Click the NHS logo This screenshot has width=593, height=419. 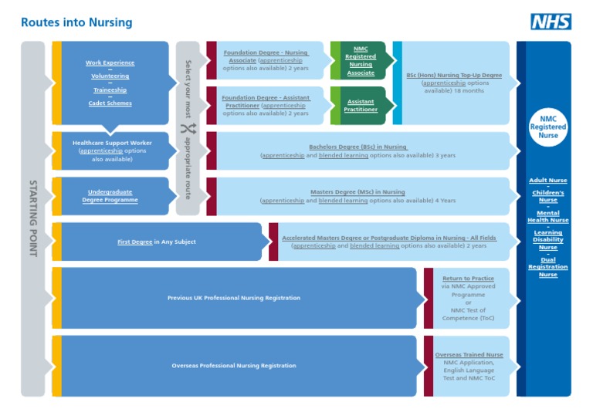pyautogui.click(x=551, y=22)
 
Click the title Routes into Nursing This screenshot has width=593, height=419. pyautogui.click(x=76, y=23)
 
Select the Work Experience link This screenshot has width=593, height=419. pyautogui.click(x=110, y=63)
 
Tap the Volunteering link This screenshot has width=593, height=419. pyautogui.click(x=110, y=76)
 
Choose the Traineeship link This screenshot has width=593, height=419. pyautogui.click(x=110, y=90)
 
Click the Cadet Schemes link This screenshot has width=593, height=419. pyautogui.click(x=110, y=103)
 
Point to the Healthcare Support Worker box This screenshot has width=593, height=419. pyautogui.click(x=112, y=150)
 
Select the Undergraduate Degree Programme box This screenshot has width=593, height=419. pyautogui.click(x=110, y=196)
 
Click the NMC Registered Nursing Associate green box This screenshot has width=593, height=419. pyautogui.click(x=361, y=61)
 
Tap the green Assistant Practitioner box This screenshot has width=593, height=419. pyautogui.click(x=361, y=106)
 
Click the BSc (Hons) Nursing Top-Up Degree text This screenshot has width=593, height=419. pyautogui.click(x=454, y=76)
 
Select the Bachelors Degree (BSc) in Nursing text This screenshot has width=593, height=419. pyautogui.click(x=357, y=147)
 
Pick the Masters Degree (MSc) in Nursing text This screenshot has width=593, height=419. pyautogui.click(x=357, y=192)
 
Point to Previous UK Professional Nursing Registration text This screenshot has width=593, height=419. pyautogui.click(x=234, y=298)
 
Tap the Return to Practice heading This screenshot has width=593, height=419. pyautogui.click(x=468, y=279)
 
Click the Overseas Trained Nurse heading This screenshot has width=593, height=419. pyautogui.click(x=468, y=355)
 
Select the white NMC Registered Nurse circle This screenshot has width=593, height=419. pyautogui.click(x=547, y=127)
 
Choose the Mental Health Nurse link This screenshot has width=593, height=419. pyautogui.click(x=547, y=217)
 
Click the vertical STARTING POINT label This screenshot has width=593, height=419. pyautogui.click(x=32, y=218)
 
